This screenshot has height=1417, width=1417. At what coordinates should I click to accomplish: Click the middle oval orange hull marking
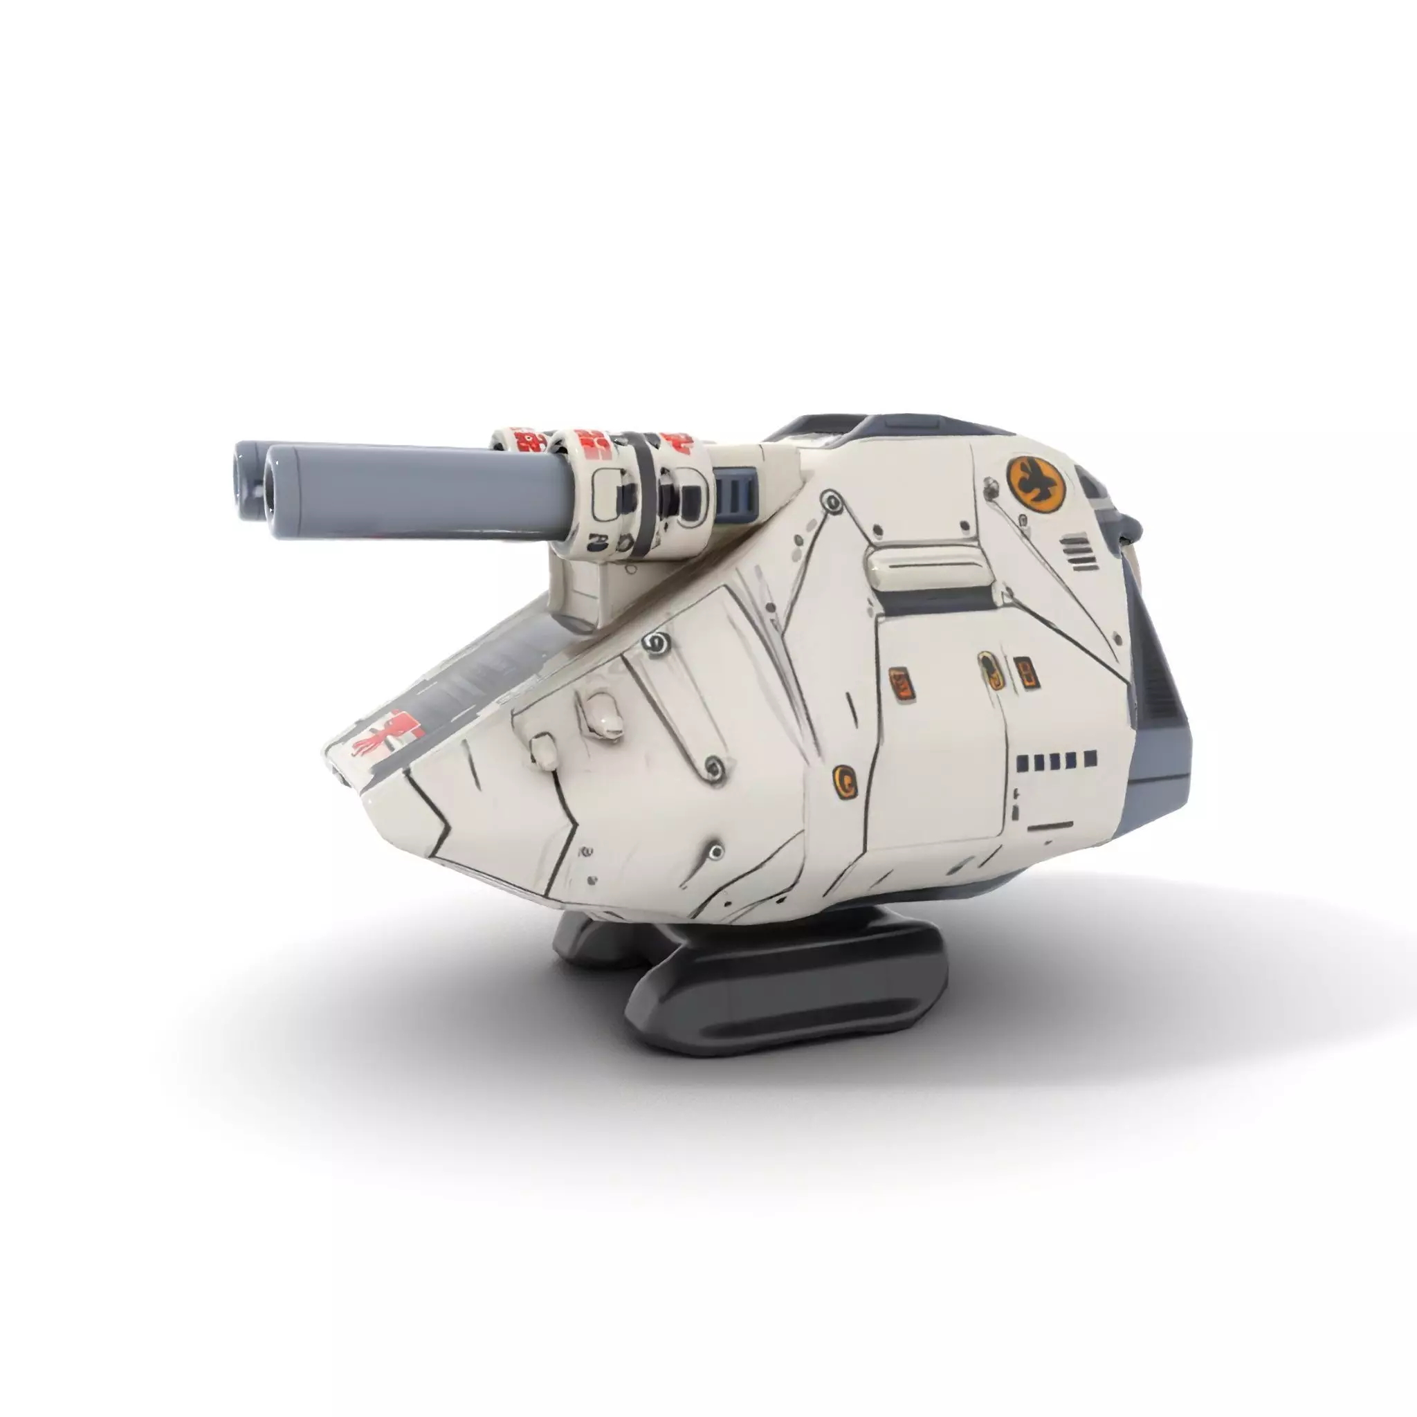coord(987,670)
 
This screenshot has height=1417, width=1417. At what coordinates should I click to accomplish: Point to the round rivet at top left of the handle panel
coord(832,501)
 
